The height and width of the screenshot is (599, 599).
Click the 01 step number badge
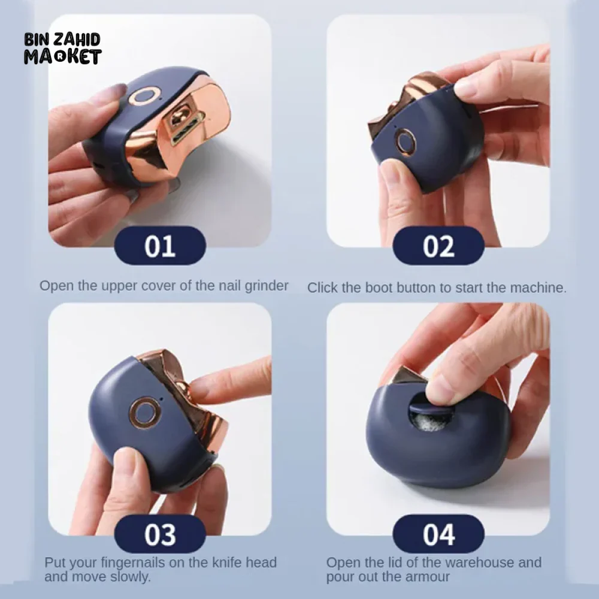tap(160, 246)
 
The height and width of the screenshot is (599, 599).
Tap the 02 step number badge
tap(438, 246)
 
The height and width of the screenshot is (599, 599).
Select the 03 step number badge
tap(160, 534)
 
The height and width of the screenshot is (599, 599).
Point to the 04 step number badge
tap(438, 534)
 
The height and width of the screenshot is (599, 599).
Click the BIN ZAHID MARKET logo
tap(63, 49)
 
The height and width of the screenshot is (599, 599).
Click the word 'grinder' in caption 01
tap(267, 286)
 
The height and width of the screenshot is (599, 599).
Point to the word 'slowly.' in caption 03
tap(130, 576)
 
